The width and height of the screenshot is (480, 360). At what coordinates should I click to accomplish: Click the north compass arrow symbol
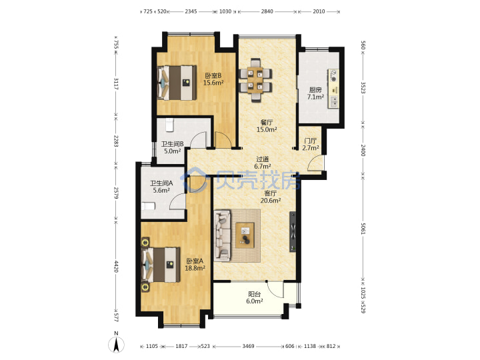[116, 345]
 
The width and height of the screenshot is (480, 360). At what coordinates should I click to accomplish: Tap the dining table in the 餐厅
[255, 80]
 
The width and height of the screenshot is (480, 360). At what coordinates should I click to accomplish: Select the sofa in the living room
[222, 236]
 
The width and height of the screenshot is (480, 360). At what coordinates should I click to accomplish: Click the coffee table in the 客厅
[245, 235]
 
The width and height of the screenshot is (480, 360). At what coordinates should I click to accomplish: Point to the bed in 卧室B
[177, 83]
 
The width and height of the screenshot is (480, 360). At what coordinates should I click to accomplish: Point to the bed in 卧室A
[161, 265]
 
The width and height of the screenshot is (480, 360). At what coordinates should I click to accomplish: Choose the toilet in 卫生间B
[169, 125]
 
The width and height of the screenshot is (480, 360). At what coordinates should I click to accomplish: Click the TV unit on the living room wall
[293, 232]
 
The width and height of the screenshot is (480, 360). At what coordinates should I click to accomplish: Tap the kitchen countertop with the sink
[334, 89]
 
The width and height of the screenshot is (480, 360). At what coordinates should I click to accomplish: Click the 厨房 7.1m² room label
[315, 93]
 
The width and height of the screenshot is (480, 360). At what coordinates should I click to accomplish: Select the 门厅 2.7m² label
[311, 144]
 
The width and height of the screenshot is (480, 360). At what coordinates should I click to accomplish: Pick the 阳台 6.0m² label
[255, 297]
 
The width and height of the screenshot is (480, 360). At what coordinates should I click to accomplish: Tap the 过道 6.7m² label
[263, 163]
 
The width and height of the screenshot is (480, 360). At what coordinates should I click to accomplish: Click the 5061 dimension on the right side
[363, 229]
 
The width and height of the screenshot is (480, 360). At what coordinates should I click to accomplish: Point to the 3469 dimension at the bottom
[248, 346]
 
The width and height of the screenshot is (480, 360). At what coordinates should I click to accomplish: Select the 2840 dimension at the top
[267, 11]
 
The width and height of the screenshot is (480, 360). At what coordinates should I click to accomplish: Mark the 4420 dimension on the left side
[116, 267]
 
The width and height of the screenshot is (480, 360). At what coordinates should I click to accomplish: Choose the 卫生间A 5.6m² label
[161, 187]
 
